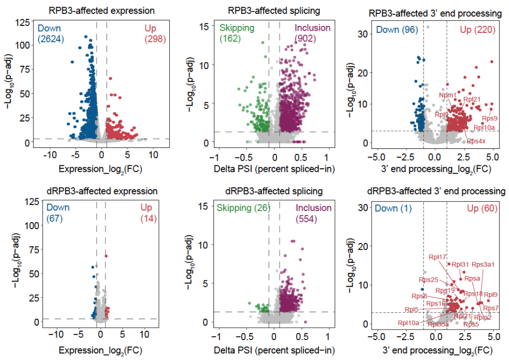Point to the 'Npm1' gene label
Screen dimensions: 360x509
point(448,95)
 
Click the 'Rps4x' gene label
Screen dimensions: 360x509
point(476,141)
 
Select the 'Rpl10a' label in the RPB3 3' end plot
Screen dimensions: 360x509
point(484,128)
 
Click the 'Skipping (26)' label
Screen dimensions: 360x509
point(241,208)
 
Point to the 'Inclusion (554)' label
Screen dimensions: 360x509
point(312,213)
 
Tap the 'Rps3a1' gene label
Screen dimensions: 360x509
point(483,264)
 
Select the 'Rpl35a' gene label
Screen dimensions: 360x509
point(439,324)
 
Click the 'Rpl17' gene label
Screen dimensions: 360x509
point(437,257)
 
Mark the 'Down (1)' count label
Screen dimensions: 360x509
point(394,208)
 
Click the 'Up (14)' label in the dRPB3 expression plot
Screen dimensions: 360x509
point(148,213)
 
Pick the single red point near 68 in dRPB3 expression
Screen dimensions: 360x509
point(106,256)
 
